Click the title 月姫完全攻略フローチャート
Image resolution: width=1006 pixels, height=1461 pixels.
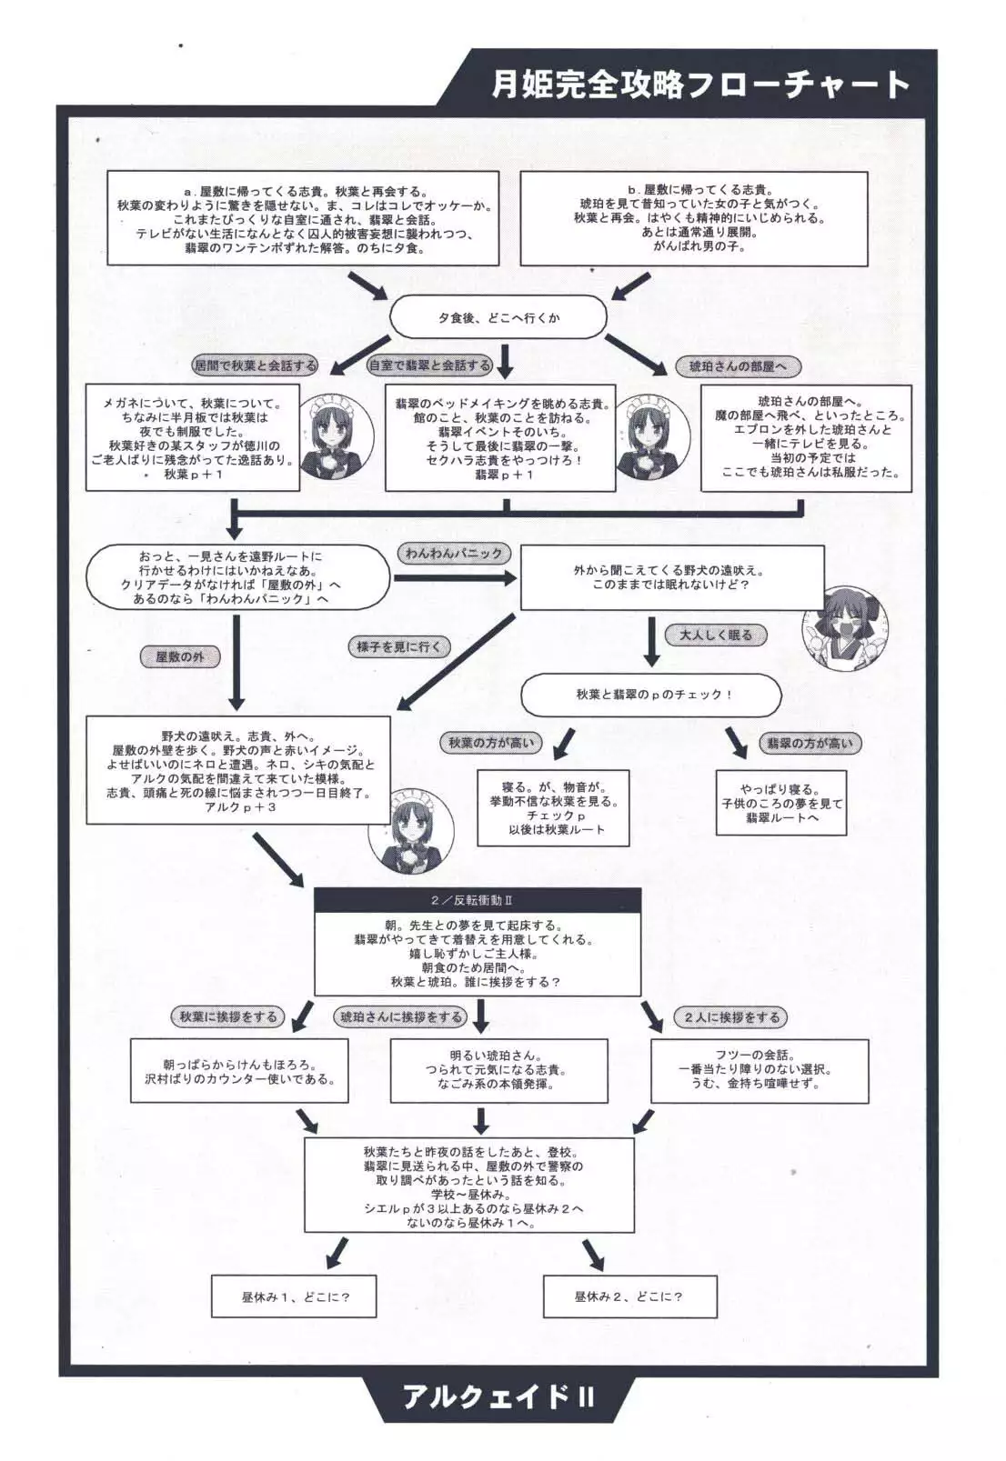click(x=699, y=85)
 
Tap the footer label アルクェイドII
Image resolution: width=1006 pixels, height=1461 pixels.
click(x=498, y=1421)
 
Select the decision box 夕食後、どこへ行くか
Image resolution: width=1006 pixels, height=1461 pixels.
click(x=498, y=318)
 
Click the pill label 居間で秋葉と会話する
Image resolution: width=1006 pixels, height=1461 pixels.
click(x=256, y=365)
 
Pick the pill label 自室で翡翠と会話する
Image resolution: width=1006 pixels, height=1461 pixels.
click(x=429, y=365)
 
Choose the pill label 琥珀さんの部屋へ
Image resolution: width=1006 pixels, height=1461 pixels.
click(x=738, y=366)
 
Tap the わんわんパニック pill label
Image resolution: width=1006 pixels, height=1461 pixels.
click(x=454, y=553)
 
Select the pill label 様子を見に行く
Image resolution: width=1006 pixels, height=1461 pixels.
click(x=398, y=646)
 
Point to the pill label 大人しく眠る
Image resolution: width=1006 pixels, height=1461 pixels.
click(x=716, y=635)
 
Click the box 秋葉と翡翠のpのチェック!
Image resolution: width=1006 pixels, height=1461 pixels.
click(x=650, y=695)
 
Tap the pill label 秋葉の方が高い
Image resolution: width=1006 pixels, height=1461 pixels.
click(x=491, y=743)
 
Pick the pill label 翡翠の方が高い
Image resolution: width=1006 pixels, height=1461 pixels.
click(x=810, y=743)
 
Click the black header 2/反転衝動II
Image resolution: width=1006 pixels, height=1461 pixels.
click(x=478, y=900)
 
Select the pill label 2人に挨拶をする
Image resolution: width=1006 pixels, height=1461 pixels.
click(x=732, y=1017)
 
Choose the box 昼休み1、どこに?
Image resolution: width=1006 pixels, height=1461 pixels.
click(x=296, y=1297)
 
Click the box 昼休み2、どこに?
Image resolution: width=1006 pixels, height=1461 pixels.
click(x=629, y=1296)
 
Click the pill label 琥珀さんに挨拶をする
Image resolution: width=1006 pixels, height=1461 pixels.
click(x=401, y=1017)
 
